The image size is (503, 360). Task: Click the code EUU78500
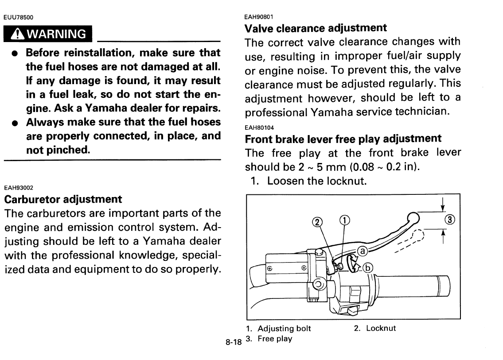[19, 18]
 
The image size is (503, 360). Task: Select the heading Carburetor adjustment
[63, 199]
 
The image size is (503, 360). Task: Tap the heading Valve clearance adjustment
[316, 28]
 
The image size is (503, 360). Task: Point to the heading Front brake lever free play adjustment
[343, 139]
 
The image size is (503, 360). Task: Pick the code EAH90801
[259, 17]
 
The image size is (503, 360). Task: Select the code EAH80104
[259, 128]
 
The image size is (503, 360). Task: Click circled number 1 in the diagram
[344, 221]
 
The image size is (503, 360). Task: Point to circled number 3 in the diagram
[449, 220]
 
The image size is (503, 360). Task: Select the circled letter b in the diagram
[368, 267]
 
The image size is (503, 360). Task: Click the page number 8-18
[233, 342]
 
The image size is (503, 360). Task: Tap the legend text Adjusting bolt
[284, 329]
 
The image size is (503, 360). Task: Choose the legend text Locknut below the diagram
[381, 329]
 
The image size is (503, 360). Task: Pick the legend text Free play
[275, 339]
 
